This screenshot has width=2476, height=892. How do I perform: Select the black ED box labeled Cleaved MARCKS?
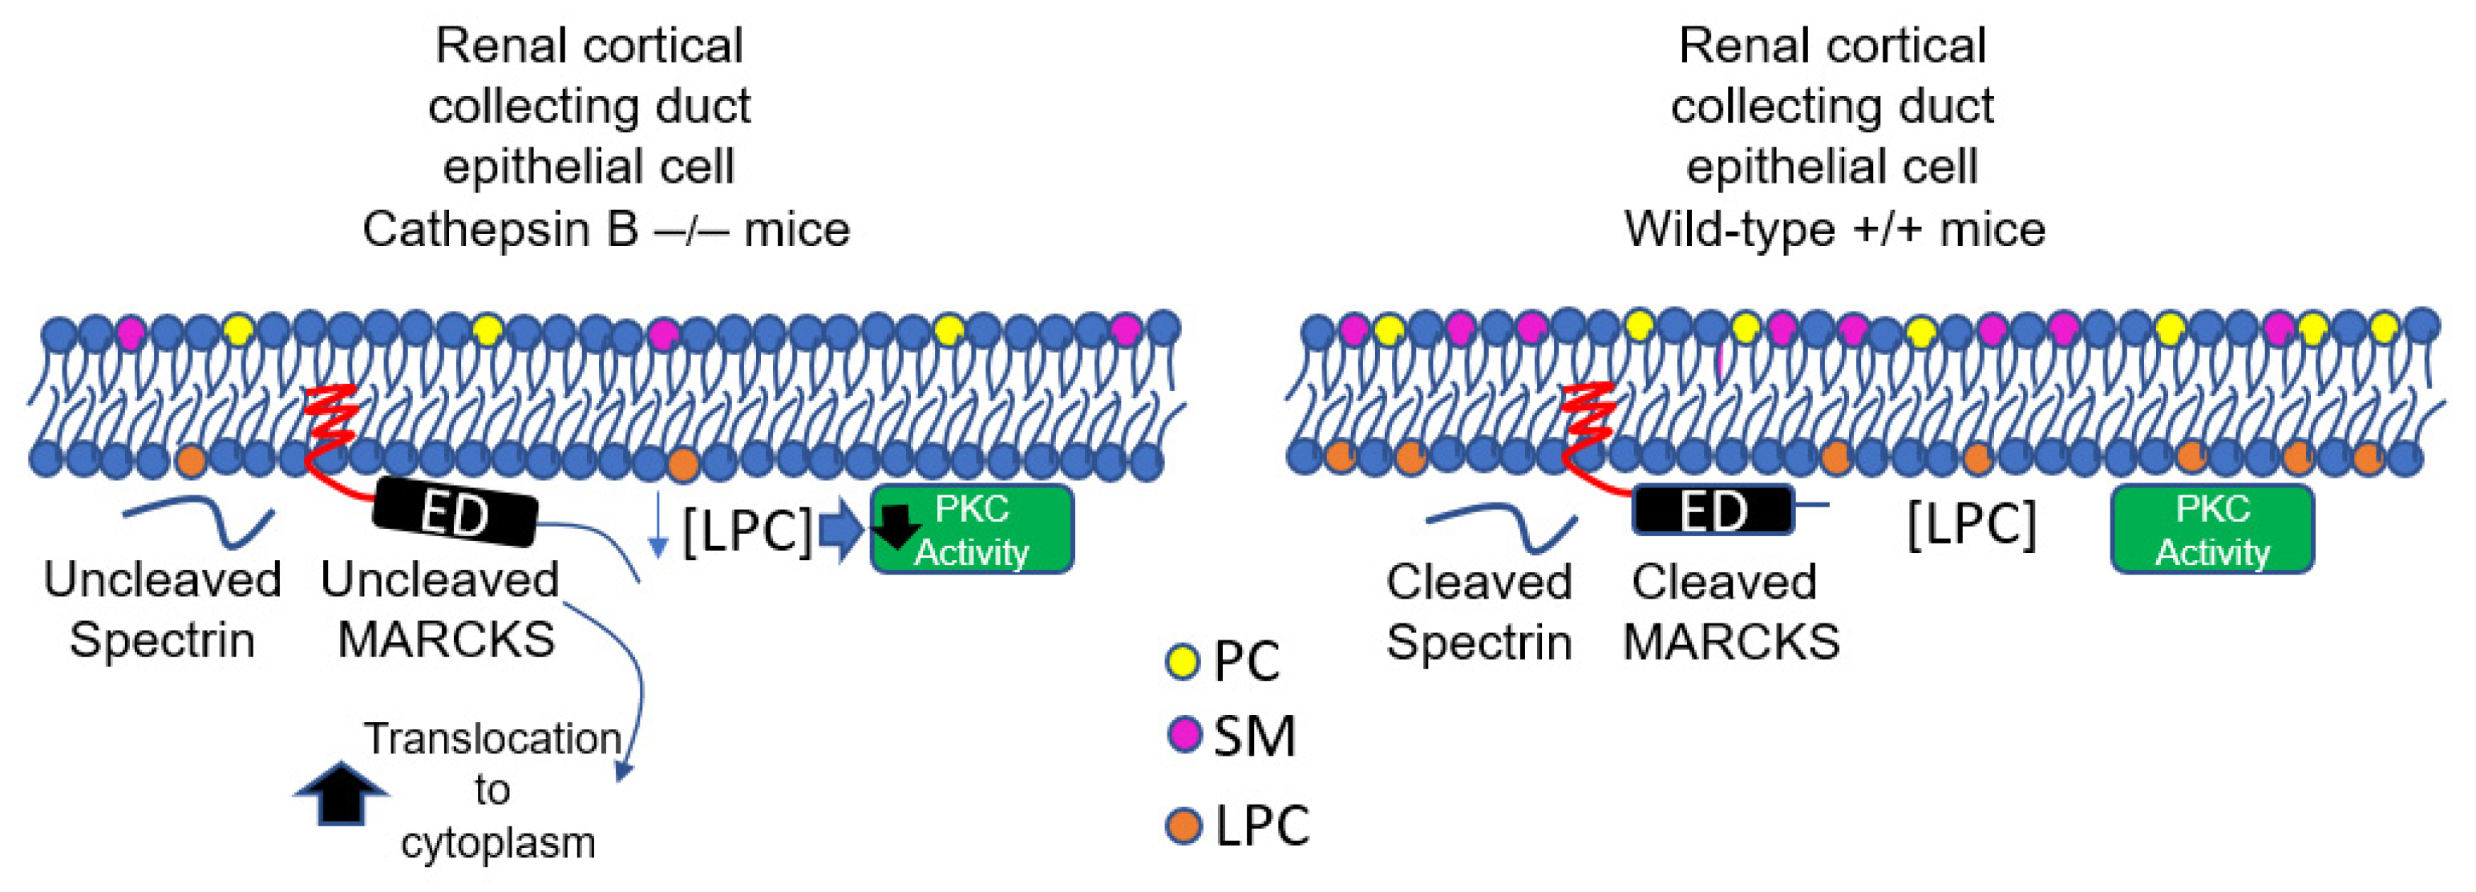pos(1712,510)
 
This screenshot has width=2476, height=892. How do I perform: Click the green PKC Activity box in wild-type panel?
pos(2211,530)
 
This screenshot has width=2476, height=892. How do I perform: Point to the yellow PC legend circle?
pos(1182,661)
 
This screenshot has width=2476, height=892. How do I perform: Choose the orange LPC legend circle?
pos(1183,825)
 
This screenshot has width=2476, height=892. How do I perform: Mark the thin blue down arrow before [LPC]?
pos(657,525)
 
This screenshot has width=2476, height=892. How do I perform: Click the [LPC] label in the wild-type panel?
pos(1970,525)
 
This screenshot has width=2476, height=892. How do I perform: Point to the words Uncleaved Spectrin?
pos(161,609)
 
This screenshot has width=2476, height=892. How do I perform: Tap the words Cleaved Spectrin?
pos(1479,611)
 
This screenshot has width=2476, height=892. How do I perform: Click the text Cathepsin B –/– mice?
pos(605,230)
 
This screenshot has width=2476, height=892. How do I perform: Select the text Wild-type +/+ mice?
pos(1834,230)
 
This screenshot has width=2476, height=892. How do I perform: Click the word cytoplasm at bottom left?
pos(498,843)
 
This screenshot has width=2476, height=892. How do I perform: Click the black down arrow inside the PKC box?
pos(898,526)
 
